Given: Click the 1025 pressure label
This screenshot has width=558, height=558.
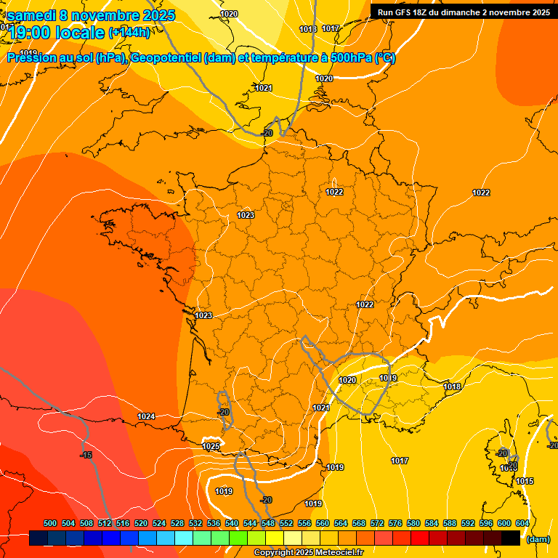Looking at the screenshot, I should [x=211, y=446].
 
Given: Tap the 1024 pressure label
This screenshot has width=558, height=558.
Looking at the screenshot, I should [x=146, y=416].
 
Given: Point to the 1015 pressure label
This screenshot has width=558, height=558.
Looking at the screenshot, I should [x=525, y=481].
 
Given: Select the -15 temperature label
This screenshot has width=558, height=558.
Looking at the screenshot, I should [x=86, y=455].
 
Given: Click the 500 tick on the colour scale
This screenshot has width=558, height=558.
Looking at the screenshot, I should [x=50, y=523].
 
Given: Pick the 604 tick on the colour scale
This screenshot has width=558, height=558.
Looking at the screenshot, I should [x=522, y=523].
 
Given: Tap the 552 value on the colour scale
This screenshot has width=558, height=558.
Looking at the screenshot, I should [x=286, y=523].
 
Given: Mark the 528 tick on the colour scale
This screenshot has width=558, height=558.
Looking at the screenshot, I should [x=177, y=523].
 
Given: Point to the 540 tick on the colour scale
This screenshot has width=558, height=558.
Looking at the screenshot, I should [x=232, y=523].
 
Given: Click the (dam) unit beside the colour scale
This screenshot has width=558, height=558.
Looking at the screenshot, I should [x=538, y=539].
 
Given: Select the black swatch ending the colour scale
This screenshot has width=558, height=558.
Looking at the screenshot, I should [x=511, y=538].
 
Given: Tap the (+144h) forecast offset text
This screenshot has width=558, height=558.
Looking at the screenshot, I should [x=129, y=32].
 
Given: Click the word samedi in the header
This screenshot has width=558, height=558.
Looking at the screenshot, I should [x=32, y=15].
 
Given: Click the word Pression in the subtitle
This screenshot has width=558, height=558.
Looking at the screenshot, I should [x=32, y=58].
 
